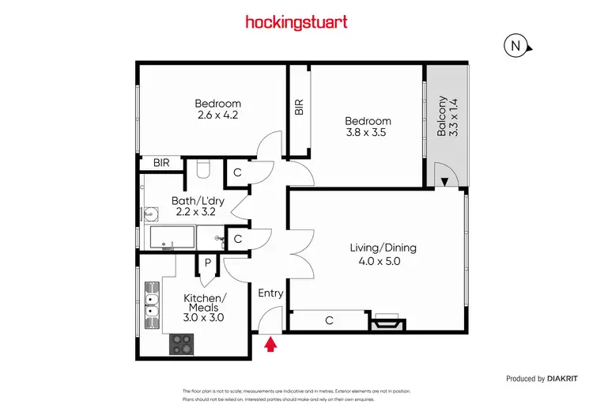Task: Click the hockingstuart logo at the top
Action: [296, 22]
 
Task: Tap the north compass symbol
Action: [516, 47]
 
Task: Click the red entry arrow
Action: [271, 344]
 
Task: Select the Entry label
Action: [270, 293]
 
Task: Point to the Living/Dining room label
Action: [383, 248]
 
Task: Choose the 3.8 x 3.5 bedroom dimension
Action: [368, 134]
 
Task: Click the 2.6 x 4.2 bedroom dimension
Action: [217, 115]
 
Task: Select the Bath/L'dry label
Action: [198, 201]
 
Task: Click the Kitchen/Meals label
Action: [206, 303]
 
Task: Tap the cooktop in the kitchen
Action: [182, 344]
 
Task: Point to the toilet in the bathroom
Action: [202, 168]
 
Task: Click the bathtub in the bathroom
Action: [170, 237]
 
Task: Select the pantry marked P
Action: [207, 263]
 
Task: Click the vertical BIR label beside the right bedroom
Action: [298, 108]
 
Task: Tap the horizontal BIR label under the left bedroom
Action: [161, 163]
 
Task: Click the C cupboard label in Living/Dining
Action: [328, 320]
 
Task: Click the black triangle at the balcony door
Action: [444, 183]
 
